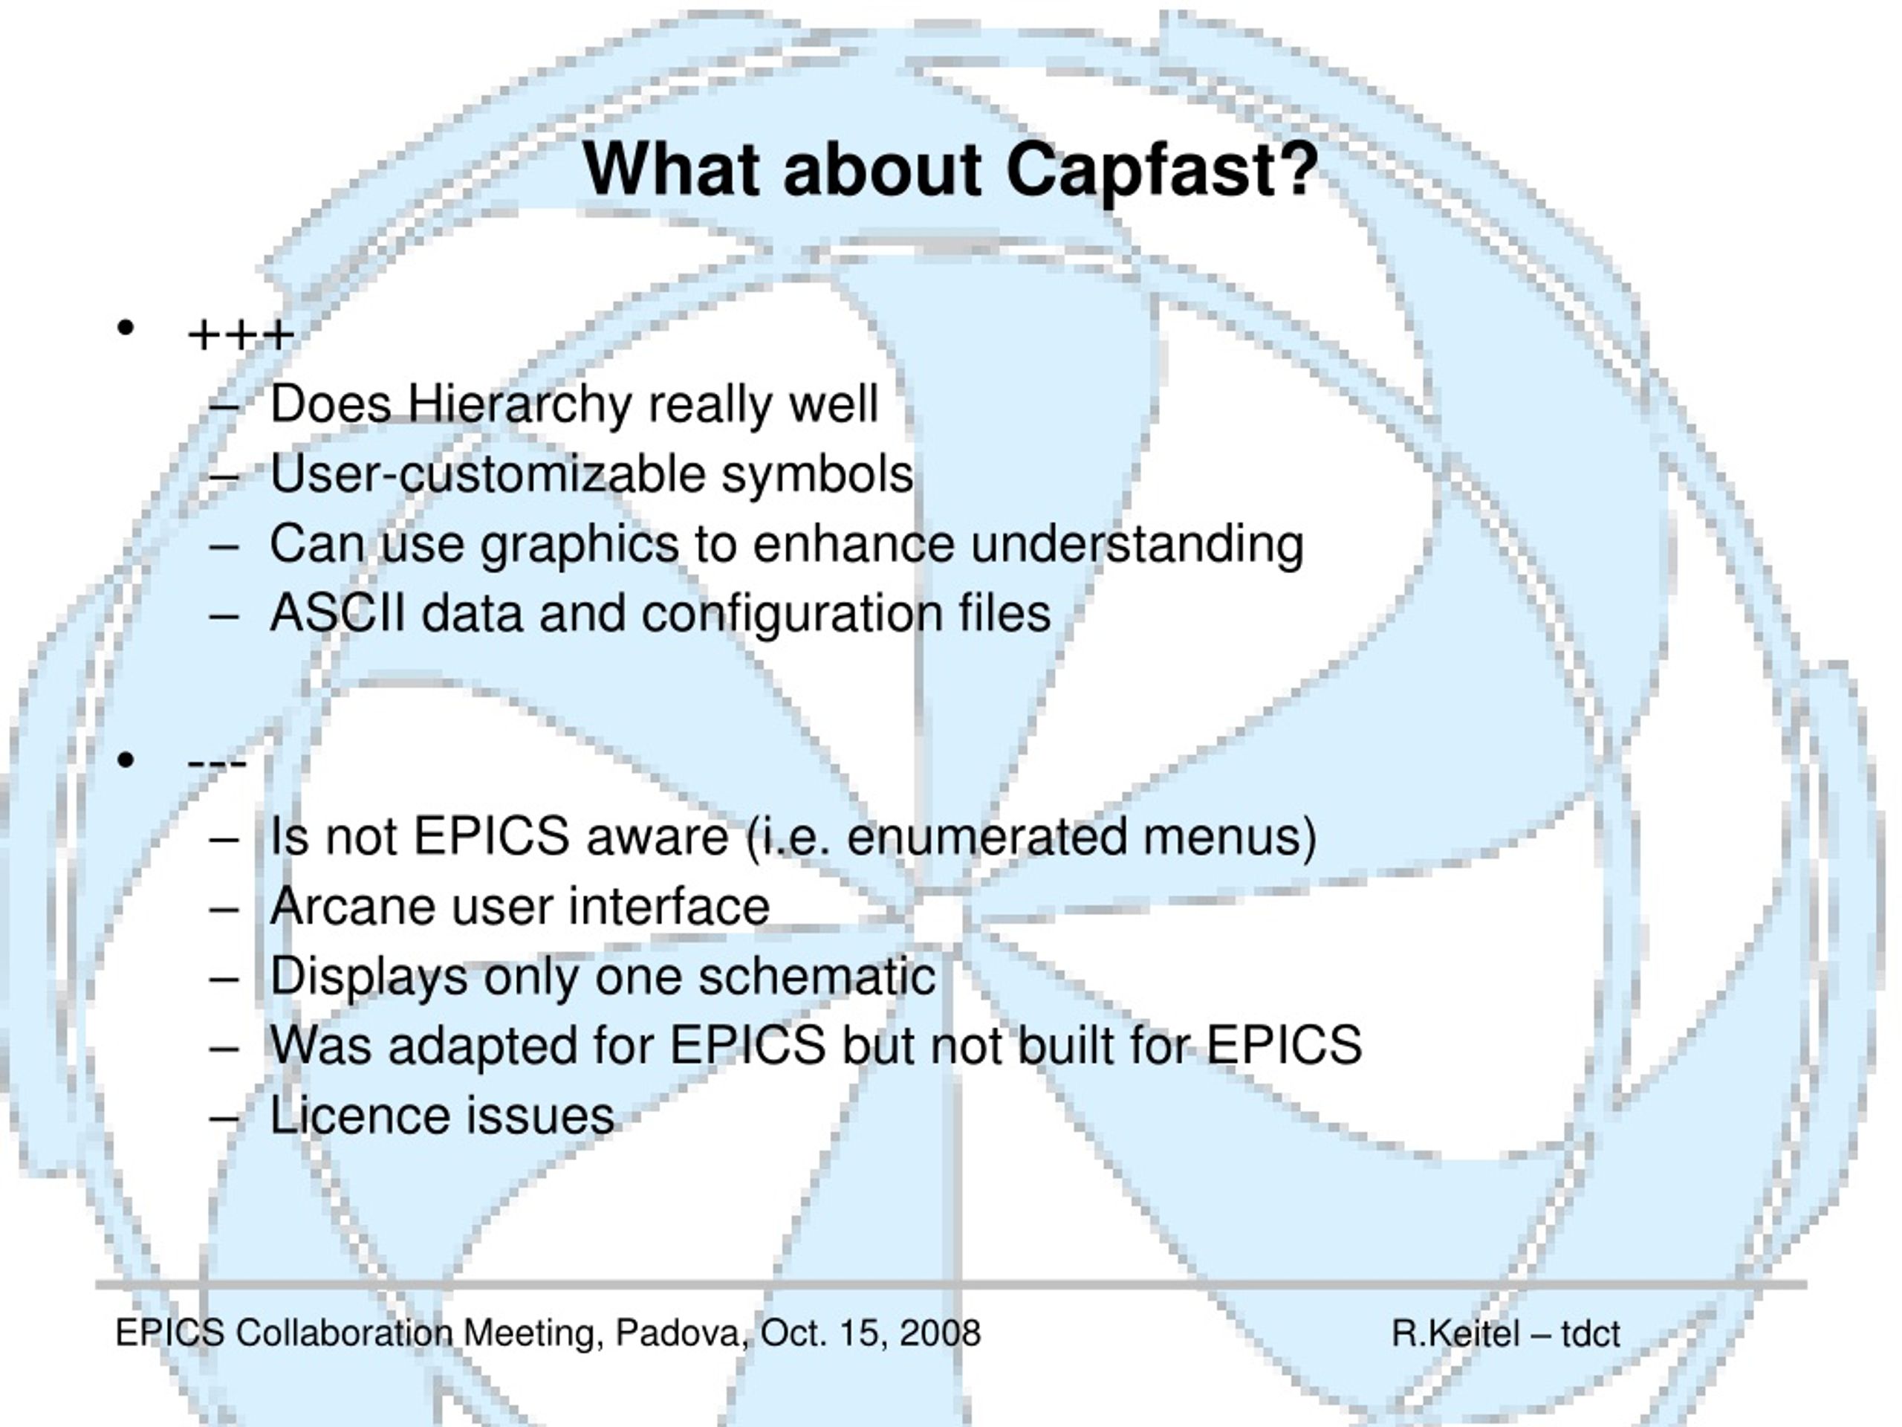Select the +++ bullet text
click(x=241, y=335)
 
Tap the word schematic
click(x=816, y=977)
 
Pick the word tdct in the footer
click(x=1591, y=1334)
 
